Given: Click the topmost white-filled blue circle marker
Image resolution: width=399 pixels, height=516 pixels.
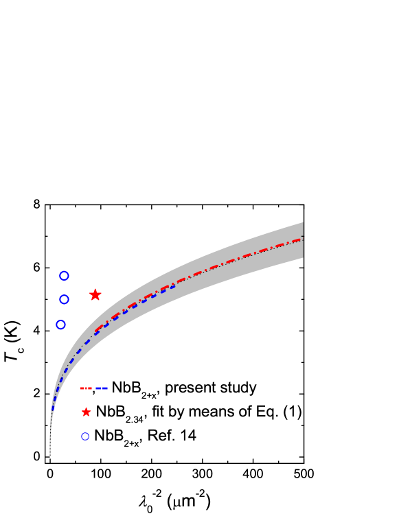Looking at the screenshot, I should click(64, 276).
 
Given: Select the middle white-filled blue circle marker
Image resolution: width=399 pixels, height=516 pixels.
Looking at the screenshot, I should click(64, 299).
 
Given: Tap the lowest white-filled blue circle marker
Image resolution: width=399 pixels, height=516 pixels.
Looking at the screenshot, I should click(60, 325).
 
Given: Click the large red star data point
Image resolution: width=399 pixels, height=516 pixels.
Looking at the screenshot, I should click(95, 294).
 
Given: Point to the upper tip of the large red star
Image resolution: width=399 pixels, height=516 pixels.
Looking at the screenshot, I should click(95, 288).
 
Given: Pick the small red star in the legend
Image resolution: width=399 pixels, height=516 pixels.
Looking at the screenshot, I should click(86, 412).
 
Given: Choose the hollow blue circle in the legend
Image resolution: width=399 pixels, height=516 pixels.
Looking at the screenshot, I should click(85, 436).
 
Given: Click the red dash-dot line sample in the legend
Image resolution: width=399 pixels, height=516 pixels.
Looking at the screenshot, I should click(86, 388).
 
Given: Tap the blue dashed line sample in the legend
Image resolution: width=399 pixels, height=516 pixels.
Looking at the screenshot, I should click(102, 388).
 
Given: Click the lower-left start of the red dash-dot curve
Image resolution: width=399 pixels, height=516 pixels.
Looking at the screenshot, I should click(95, 332).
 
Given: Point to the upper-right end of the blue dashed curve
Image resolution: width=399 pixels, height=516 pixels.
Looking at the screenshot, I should click(174, 286).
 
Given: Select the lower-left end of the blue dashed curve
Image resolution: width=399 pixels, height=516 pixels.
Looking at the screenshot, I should click(52, 410).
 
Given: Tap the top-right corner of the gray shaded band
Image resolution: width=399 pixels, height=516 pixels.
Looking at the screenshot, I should click(303, 223).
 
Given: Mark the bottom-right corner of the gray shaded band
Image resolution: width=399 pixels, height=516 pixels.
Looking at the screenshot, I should click(303, 257).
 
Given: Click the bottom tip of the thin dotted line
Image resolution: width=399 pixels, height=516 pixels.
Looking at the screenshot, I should click(50, 456).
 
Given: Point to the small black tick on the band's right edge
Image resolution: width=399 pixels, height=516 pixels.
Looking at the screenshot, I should click(302, 236).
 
